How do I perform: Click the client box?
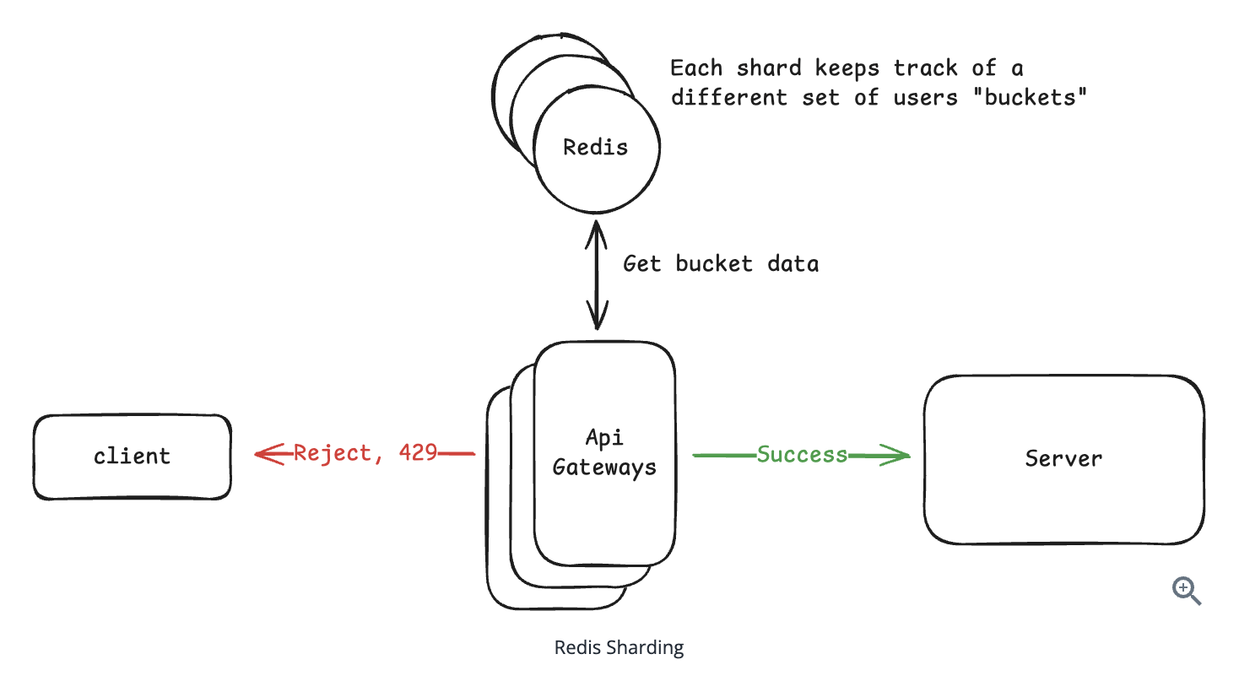click(x=132, y=457)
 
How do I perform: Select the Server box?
click(x=1063, y=459)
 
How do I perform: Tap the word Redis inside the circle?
click(x=595, y=148)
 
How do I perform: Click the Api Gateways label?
click(x=604, y=452)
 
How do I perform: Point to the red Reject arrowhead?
click(x=267, y=454)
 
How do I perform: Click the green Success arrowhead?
click(x=897, y=456)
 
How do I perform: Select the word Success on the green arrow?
click(x=802, y=455)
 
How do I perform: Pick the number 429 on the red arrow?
click(x=418, y=453)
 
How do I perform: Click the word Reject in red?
click(x=333, y=454)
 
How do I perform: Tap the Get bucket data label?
click(x=721, y=264)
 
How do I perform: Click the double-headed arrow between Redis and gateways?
click(x=597, y=275)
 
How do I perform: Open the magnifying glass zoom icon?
click(x=1186, y=591)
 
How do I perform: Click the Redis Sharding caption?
click(x=619, y=647)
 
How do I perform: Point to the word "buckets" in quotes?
click(x=1030, y=98)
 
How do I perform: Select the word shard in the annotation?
click(x=768, y=68)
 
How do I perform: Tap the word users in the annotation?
click(x=926, y=98)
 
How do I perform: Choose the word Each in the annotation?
click(x=696, y=68)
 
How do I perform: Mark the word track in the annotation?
click(x=925, y=68)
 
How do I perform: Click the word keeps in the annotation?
click(x=847, y=68)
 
